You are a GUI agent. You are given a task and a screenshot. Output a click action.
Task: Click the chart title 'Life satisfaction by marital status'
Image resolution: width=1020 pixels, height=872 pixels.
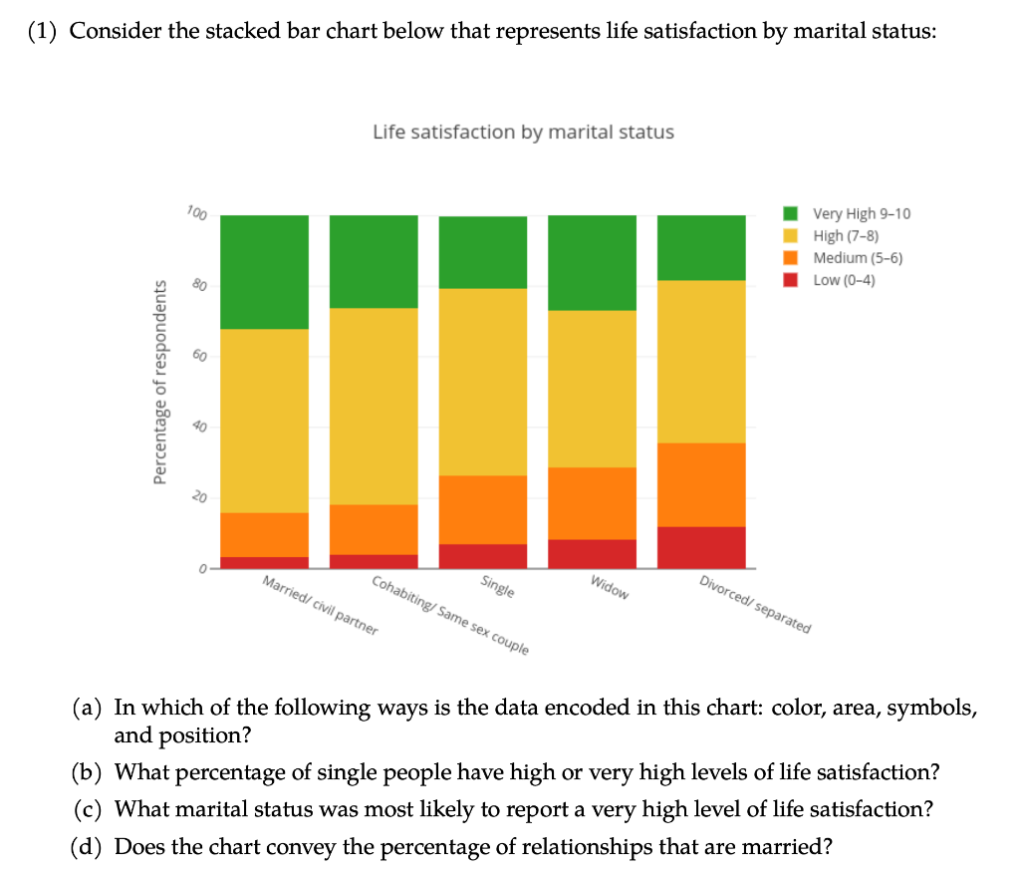[x=523, y=132]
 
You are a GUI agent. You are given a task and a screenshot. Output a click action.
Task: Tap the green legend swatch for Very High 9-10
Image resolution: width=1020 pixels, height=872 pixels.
[x=792, y=213]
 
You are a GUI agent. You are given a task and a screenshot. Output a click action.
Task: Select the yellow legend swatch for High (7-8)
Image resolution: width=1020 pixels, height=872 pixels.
[x=792, y=235]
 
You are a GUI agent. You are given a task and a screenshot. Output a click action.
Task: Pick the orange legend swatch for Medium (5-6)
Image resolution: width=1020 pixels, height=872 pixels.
[x=792, y=257]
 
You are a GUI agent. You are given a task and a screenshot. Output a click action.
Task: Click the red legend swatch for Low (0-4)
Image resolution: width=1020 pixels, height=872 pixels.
[x=792, y=279]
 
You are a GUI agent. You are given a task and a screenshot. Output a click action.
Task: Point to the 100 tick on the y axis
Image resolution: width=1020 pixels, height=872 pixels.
[x=196, y=213]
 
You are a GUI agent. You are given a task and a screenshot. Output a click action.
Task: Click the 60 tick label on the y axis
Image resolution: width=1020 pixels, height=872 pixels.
[x=198, y=356]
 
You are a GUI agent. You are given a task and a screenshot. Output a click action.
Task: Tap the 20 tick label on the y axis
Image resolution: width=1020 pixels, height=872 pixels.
[x=198, y=496]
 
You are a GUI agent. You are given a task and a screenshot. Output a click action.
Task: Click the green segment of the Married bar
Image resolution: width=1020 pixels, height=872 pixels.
[x=264, y=271]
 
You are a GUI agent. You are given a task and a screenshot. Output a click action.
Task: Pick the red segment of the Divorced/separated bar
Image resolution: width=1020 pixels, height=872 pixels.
[x=701, y=546]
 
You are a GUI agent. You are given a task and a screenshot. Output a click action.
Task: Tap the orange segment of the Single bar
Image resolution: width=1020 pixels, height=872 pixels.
[x=483, y=509]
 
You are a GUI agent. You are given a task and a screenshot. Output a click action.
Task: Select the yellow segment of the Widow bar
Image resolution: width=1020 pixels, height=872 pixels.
[x=592, y=389]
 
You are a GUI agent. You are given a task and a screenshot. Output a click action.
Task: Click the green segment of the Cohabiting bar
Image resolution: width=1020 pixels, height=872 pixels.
[x=374, y=261]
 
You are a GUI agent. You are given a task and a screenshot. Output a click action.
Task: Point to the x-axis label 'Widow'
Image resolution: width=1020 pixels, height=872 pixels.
[x=610, y=588]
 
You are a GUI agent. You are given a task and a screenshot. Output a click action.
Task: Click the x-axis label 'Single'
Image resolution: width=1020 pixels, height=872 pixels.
[x=497, y=586]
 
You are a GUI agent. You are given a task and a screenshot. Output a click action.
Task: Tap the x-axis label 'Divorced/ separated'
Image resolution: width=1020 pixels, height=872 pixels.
[x=755, y=605]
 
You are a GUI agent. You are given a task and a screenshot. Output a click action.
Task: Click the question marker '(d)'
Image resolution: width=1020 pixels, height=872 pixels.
[x=89, y=848]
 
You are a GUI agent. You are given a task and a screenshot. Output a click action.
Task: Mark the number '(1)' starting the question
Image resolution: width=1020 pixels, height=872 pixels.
[x=43, y=30]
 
